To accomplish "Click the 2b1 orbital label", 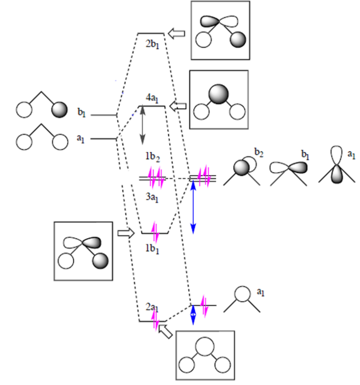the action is pos(152,45).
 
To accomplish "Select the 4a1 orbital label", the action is pos(152,98).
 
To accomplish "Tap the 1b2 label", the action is pos(153,157).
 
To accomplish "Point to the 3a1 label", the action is pos(152,197).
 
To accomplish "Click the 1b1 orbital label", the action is pos(152,249).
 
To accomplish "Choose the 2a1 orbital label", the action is pos(152,307).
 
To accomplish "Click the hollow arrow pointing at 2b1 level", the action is pos(176,33).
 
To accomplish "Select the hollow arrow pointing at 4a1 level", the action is pos(178,106).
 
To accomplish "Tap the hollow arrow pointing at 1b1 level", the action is pos(126,233).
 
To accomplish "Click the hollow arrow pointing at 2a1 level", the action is pos(166,331).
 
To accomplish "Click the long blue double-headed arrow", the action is pos(193,207).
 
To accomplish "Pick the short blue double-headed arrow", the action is pos(193,315).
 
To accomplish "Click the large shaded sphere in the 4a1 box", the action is pos(219,94).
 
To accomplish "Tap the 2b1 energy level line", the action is pos(151,33).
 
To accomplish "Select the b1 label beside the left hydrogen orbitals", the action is pos(82,112).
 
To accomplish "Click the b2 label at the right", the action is pos(259,153).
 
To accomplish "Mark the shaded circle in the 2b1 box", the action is pos(238,39).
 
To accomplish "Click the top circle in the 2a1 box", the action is pos(205,346).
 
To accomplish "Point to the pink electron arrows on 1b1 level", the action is pos(155,232).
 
